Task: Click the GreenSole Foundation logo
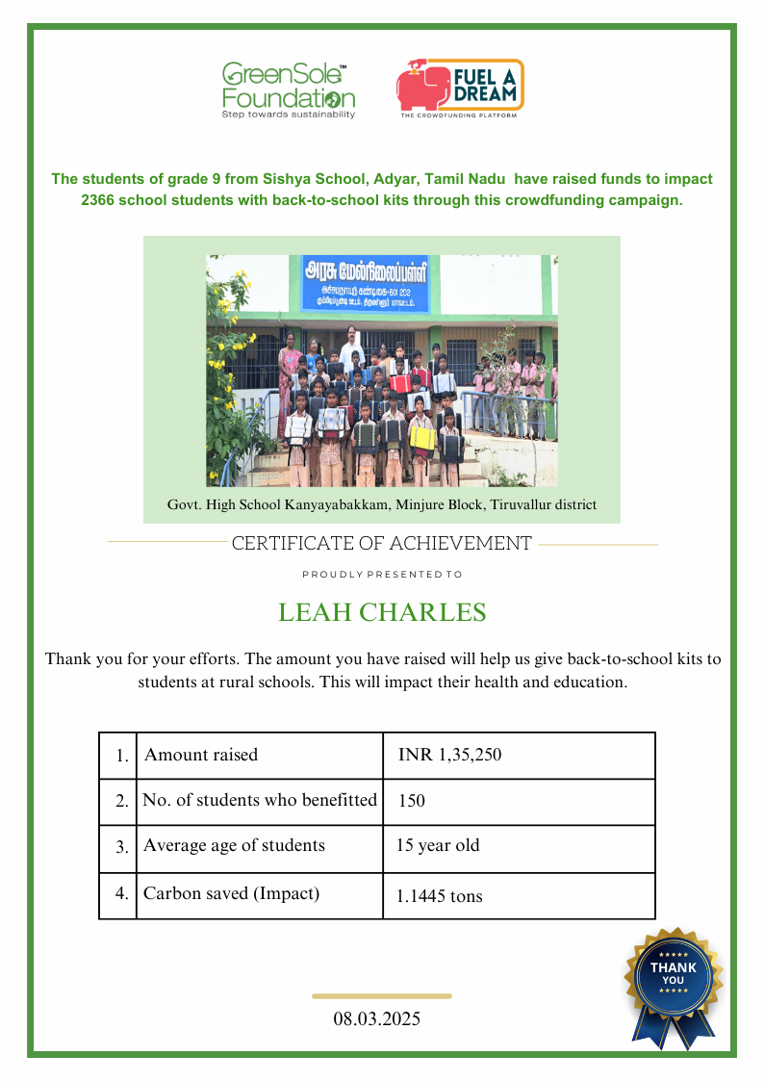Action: pyautogui.click(x=288, y=90)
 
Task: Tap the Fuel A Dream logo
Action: pyautogui.click(x=460, y=88)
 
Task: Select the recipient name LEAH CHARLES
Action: pyautogui.click(x=382, y=613)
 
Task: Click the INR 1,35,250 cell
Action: pyautogui.click(x=449, y=755)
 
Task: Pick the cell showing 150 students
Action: pyautogui.click(x=412, y=801)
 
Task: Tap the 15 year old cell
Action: pyautogui.click(x=438, y=846)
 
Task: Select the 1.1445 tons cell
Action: pyautogui.click(x=439, y=896)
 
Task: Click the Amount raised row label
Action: pyautogui.click(x=201, y=755)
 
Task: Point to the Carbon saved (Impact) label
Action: pyautogui.click(x=231, y=893)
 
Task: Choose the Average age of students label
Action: pyautogui.click(x=234, y=846)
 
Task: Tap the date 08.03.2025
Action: pyautogui.click(x=377, y=1018)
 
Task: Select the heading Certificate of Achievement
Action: pyautogui.click(x=381, y=544)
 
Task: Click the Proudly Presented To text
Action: pyautogui.click(x=382, y=575)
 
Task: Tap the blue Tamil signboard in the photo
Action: pyautogui.click(x=367, y=282)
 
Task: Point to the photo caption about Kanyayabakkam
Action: pyautogui.click(x=382, y=504)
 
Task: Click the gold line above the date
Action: pyautogui.click(x=382, y=996)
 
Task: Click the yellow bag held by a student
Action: pyautogui.click(x=420, y=438)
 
